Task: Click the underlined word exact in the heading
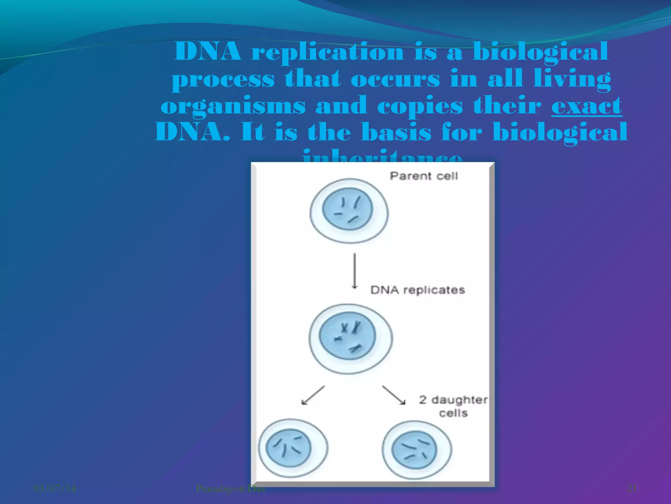pos(586,106)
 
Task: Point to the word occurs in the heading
pos(395,79)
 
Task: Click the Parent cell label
pos(423,176)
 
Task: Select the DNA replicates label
pos(417,290)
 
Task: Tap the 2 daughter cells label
pos(453,406)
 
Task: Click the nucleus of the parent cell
pos(348,209)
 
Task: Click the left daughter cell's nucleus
pos(288,448)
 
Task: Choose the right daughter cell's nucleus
pos(414,450)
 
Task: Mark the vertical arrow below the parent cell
pos(354,271)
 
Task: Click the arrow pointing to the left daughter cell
pos(313,395)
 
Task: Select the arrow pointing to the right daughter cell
pos(393,395)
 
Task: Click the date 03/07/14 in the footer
pos(55,489)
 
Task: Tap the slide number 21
pos(632,489)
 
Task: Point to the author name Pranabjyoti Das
pos(230,489)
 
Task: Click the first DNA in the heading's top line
pos(208,52)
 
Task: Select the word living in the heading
pos(572,79)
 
